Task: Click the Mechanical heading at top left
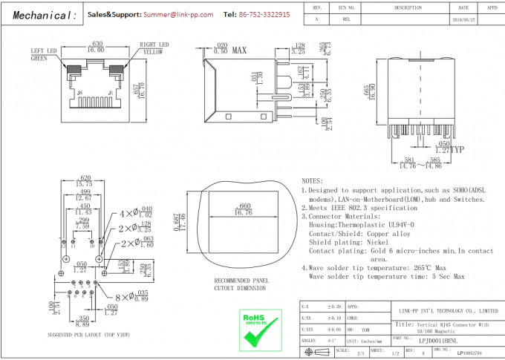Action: coord(43,16)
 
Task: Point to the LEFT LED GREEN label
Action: coord(42,54)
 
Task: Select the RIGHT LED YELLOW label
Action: coord(153,49)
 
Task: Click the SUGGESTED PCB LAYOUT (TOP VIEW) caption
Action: coord(82,335)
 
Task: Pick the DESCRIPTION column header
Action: coord(408,7)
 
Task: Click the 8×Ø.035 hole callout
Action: coord(133,297)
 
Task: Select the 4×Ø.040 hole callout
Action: coord(135,213)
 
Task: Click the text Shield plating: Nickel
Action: coord(348,242)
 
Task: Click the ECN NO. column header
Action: coord(343,7)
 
